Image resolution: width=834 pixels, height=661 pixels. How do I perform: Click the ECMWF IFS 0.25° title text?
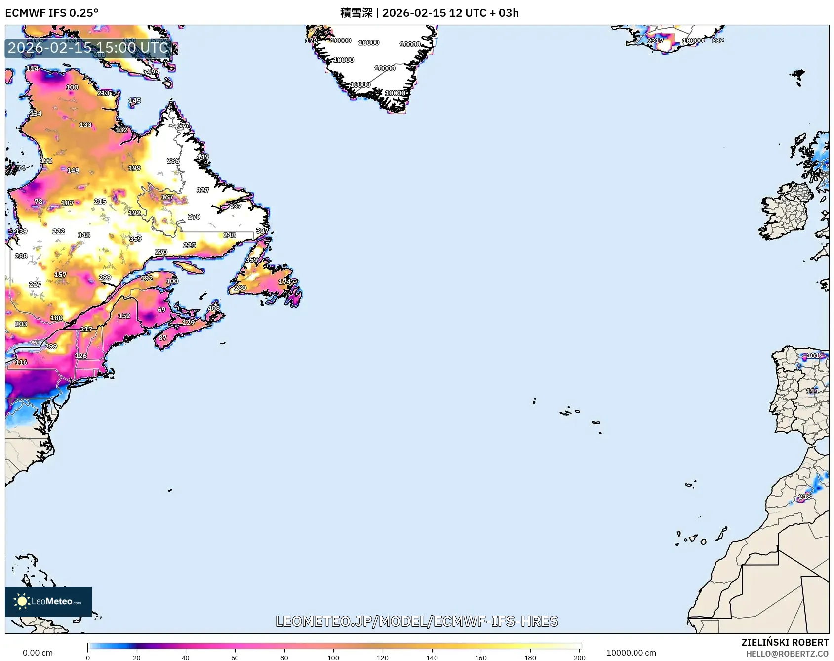pyautogui.click(x=51, y=13)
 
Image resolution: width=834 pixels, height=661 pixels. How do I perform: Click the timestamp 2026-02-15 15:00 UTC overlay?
pyautogui.click(x=88, y=48)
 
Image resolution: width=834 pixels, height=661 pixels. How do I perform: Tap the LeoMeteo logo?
pyautogui.click(x=48, y=601)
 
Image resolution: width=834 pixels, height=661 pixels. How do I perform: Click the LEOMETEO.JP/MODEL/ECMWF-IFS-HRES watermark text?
pyautogui.click(x=417, y=621)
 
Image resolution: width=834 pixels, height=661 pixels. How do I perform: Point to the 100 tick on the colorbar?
pyautogui.click(x=333, y=657)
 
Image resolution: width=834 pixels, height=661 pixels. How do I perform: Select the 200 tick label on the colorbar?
pyautogui.click(x=580, y=657)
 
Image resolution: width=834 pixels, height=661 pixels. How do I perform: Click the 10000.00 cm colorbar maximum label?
pyautogui.click(x=631, y=653)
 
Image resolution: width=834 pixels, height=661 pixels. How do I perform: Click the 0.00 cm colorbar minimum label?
pyautogui.click(x=38, y=653)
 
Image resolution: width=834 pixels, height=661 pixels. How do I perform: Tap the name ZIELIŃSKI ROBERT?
pyautogui.click(x=785, y=642)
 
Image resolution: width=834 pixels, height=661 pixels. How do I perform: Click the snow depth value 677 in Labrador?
pyautogui.click(x=183, y=125)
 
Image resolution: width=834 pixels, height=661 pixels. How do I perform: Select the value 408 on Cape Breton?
pyautogui.click(x=214, y=308)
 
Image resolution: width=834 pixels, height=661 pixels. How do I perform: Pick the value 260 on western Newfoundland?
pyautogui.click(x=240, y=288)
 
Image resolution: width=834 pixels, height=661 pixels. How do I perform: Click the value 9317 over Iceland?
pyautogui.click(x=655, y=41)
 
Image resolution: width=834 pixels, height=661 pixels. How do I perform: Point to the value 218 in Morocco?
pyautogui.click(x=805, y=496)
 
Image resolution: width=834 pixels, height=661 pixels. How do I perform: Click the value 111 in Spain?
pyautogui.click(x=812, y=391)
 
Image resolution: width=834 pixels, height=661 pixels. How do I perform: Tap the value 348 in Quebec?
pyautogui.click(x=84, y=235)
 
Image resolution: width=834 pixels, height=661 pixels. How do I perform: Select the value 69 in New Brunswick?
pyautogui.click(x=161, y=310)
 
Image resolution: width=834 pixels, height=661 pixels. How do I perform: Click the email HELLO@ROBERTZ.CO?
pyautogui.click(x=787, y=654)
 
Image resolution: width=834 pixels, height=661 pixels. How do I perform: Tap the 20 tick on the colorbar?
pyautogui.click(x=137, y=657)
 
